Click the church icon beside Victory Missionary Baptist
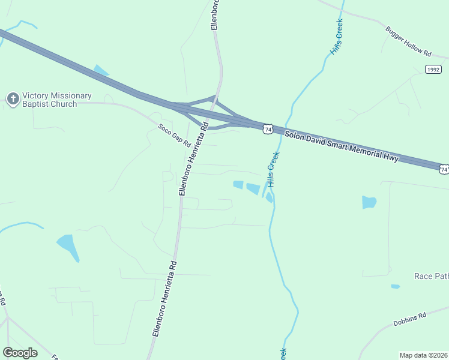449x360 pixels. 13,99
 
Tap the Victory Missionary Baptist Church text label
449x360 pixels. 56,100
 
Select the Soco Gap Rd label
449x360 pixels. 174,136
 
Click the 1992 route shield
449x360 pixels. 433,70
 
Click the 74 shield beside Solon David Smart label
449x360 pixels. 268,129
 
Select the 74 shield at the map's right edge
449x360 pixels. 443,170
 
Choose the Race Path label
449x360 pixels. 431,276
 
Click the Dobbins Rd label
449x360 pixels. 409,319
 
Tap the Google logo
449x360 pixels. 20,352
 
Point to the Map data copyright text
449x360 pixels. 423,355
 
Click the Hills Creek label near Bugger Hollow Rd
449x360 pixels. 336,37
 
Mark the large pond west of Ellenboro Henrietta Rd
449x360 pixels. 68,246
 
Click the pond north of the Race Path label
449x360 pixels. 369,202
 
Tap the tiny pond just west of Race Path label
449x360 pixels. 395,286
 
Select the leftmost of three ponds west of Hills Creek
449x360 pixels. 238,185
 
